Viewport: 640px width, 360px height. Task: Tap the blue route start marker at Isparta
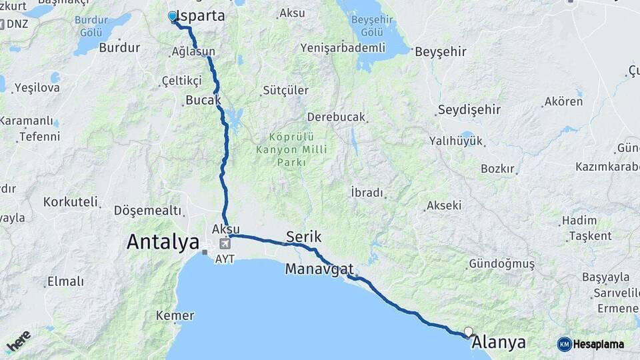(x=173, y=17)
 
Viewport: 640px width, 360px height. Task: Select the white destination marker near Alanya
(x=468, y=331)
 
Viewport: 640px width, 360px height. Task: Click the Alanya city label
(x=499, y=343)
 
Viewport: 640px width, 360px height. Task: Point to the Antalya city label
(x=163, y=241)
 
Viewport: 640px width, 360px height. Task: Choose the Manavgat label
(x=319, y=269)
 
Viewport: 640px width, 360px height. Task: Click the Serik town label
(x=304, y=237)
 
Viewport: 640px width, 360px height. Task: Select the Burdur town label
(x=119, y=47)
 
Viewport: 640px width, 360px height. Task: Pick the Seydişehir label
(x=469, y=110)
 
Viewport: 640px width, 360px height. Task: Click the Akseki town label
(x=444, y=205)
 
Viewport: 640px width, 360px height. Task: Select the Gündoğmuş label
(x=502, y=264)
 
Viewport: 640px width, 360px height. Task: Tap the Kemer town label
(x=175, y=315)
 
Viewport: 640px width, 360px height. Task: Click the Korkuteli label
(x=71, y=201)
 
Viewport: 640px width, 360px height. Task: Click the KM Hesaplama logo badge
(x=591, y=344)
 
